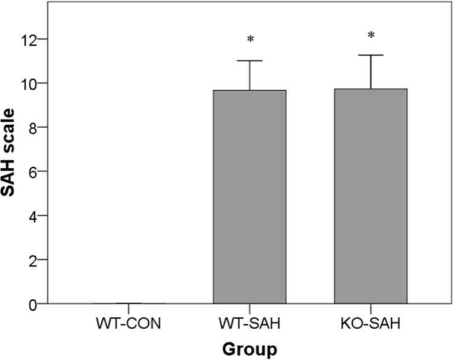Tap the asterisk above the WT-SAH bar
pyautogui.click(x=250, y=40)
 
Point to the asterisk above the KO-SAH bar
pyautogui.click(x=371, y=36)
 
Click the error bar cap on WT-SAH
pyautogui.click(x=249, y=60)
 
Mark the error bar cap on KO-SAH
pyautogui.click(x=371, y=55)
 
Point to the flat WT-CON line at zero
pyautogui.click(x=128, y=303)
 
